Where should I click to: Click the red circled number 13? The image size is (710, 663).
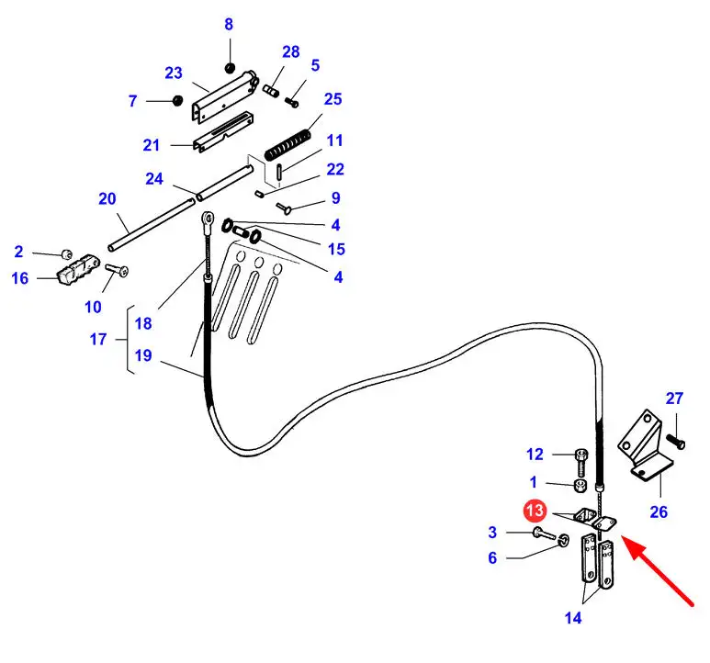click(x=535, y=510)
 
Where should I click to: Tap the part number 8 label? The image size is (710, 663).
click(x=229, y=25)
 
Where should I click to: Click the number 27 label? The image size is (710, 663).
click(x=675, y=399)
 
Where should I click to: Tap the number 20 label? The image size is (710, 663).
click(x=107, y=198)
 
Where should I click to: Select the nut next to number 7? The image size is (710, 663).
click(x=175, y=100)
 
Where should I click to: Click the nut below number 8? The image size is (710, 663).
click(x=230, y=67)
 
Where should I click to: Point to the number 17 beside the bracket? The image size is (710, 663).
click(x=98, y=339)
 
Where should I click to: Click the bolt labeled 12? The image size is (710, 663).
click(x=580, y=455)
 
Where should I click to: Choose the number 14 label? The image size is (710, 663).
click(x=573, y=618)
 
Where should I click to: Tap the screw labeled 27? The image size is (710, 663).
click(x=678, y=443)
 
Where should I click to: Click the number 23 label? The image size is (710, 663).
click(x=174, y=73)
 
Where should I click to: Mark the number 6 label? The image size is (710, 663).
click(x=491, y=557)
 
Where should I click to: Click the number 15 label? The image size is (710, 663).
click(x=336, y=249)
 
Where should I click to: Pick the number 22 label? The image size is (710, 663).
click(x=335, y=169)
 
